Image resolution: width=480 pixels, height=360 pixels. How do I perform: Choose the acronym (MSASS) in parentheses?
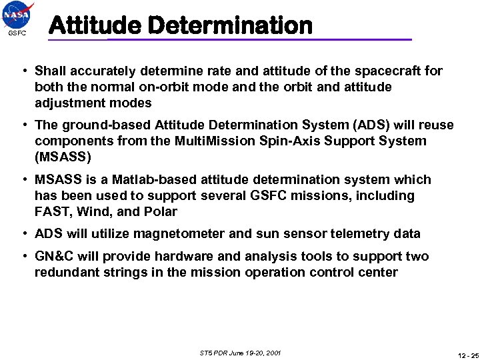pos(62,157)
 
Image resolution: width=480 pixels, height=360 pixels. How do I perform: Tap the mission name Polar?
pos(160,212)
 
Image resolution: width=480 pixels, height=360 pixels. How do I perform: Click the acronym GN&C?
pos(55,257)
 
